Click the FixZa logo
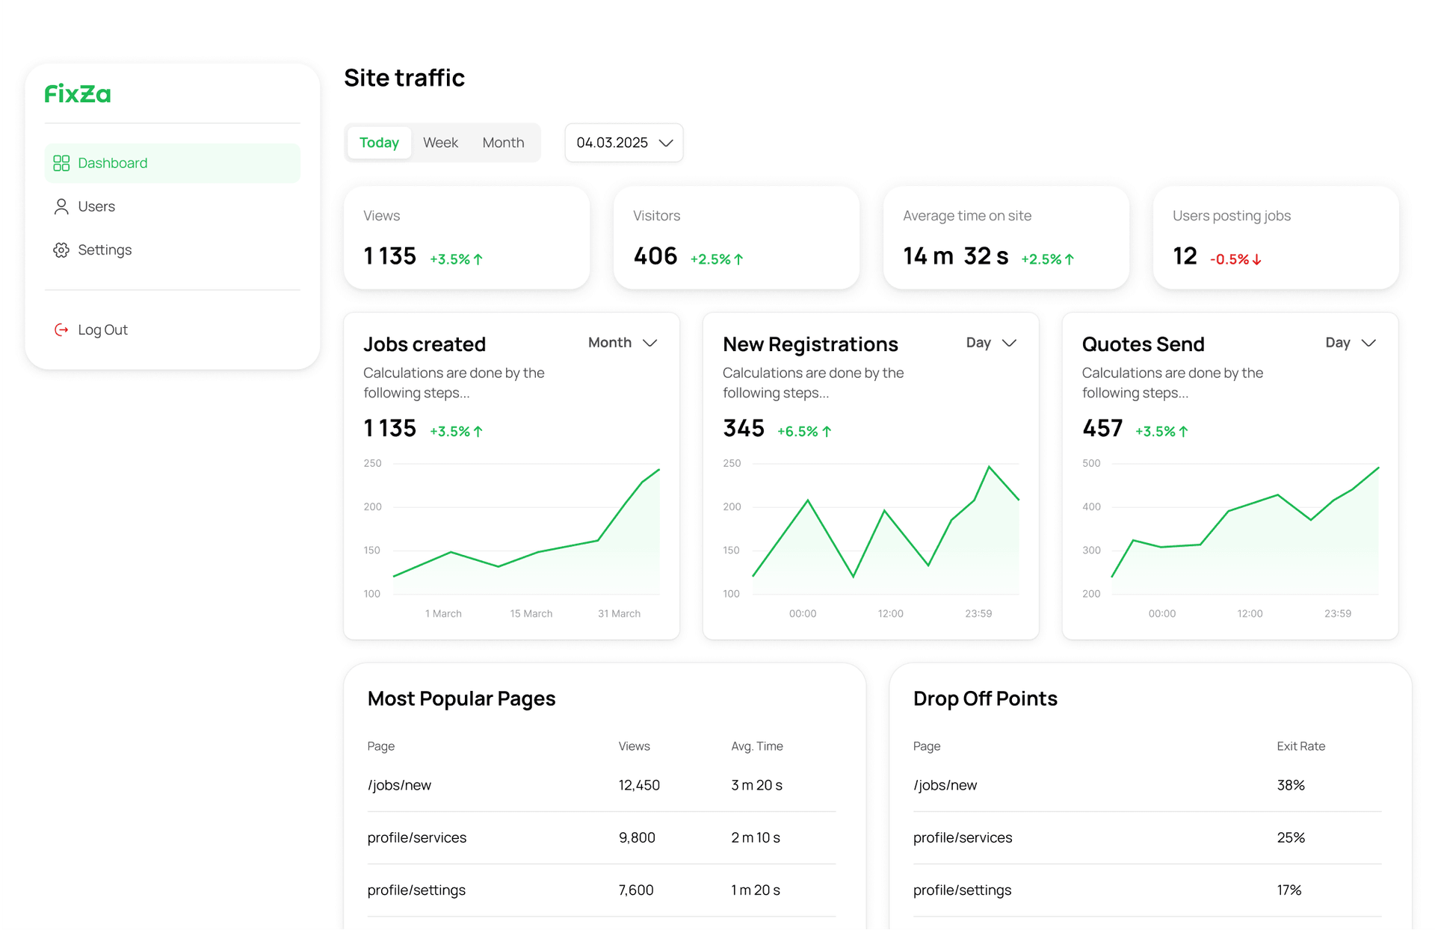point(78,94)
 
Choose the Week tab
point(440,143)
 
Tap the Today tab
point(379,143)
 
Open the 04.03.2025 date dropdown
point(624,143)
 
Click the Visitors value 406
point(655,256)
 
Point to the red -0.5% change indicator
point(1235,259)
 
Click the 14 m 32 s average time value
point(955,256)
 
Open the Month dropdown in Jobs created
point(623,342)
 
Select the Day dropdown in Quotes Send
point(1350,342)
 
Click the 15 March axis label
point(531,613)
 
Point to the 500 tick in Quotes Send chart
point(1091,463)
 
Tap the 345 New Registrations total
point(743,428)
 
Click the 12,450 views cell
point(639,785)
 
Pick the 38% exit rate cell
point(1290,785)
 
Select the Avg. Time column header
point(756,746)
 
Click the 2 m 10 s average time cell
point(755,837)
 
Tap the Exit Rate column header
point(1300,746)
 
